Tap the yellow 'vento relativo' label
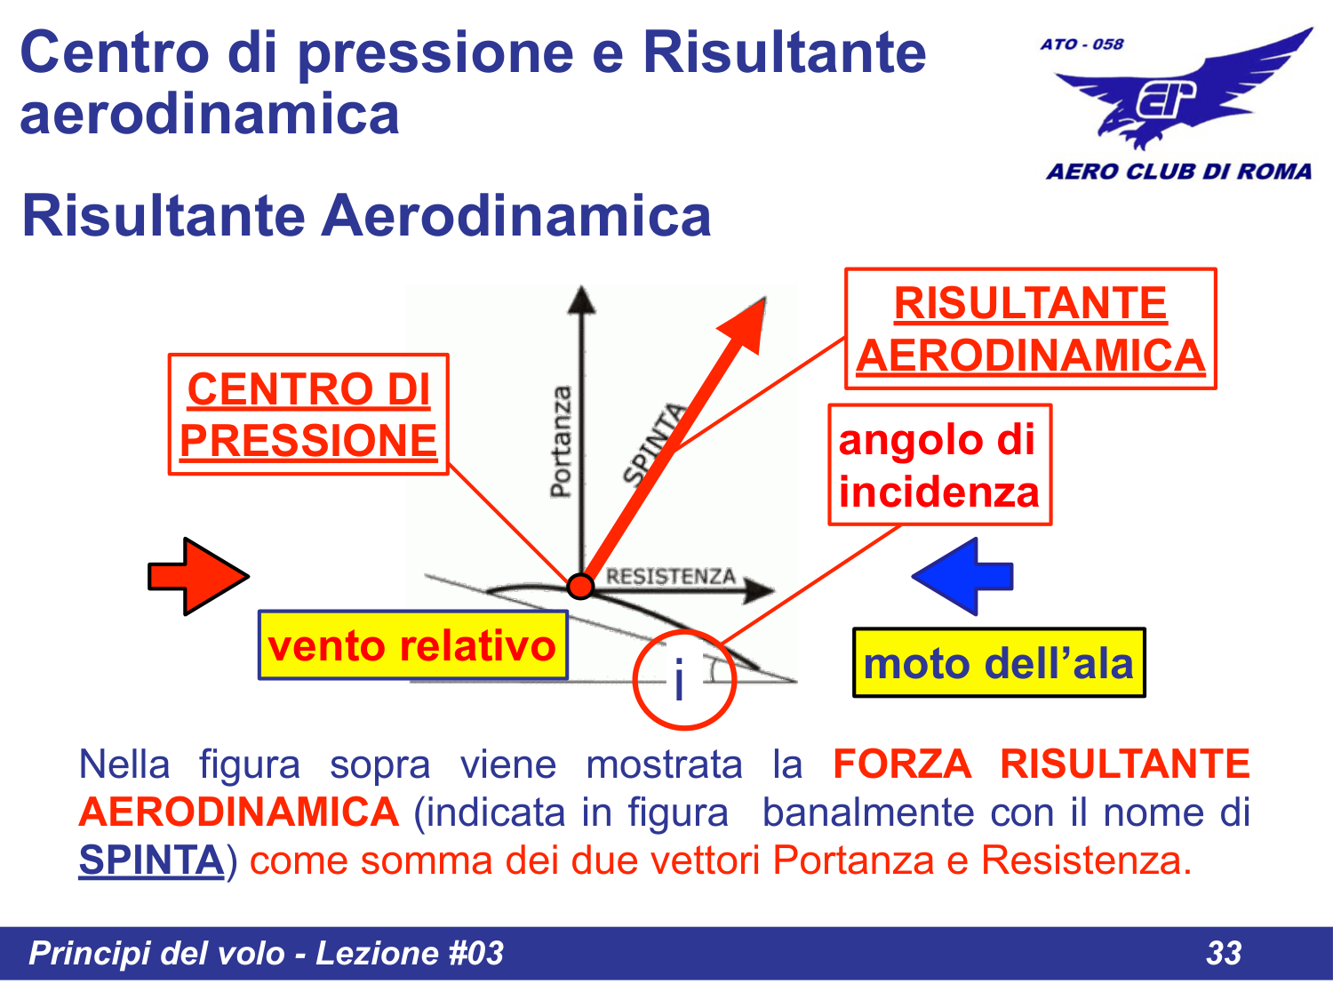pos(412,645)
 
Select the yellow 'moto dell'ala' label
pos(999,663)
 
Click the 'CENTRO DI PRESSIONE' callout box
pos(308,414)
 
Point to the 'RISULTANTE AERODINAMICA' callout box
pos(1030,329)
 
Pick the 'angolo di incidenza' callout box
pos(939,465)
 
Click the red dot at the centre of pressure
pos(580,586)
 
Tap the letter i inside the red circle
pos(680,681)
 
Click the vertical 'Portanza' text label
pos(561,442)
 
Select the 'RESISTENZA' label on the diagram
pos(671,576)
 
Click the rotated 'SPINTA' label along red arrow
pos(655,444)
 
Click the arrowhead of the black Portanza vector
pos(581,299)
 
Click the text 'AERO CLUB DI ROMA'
pos(1178,172)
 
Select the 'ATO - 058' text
pos(1082,44)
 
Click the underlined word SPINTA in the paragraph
pos(151,860)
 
